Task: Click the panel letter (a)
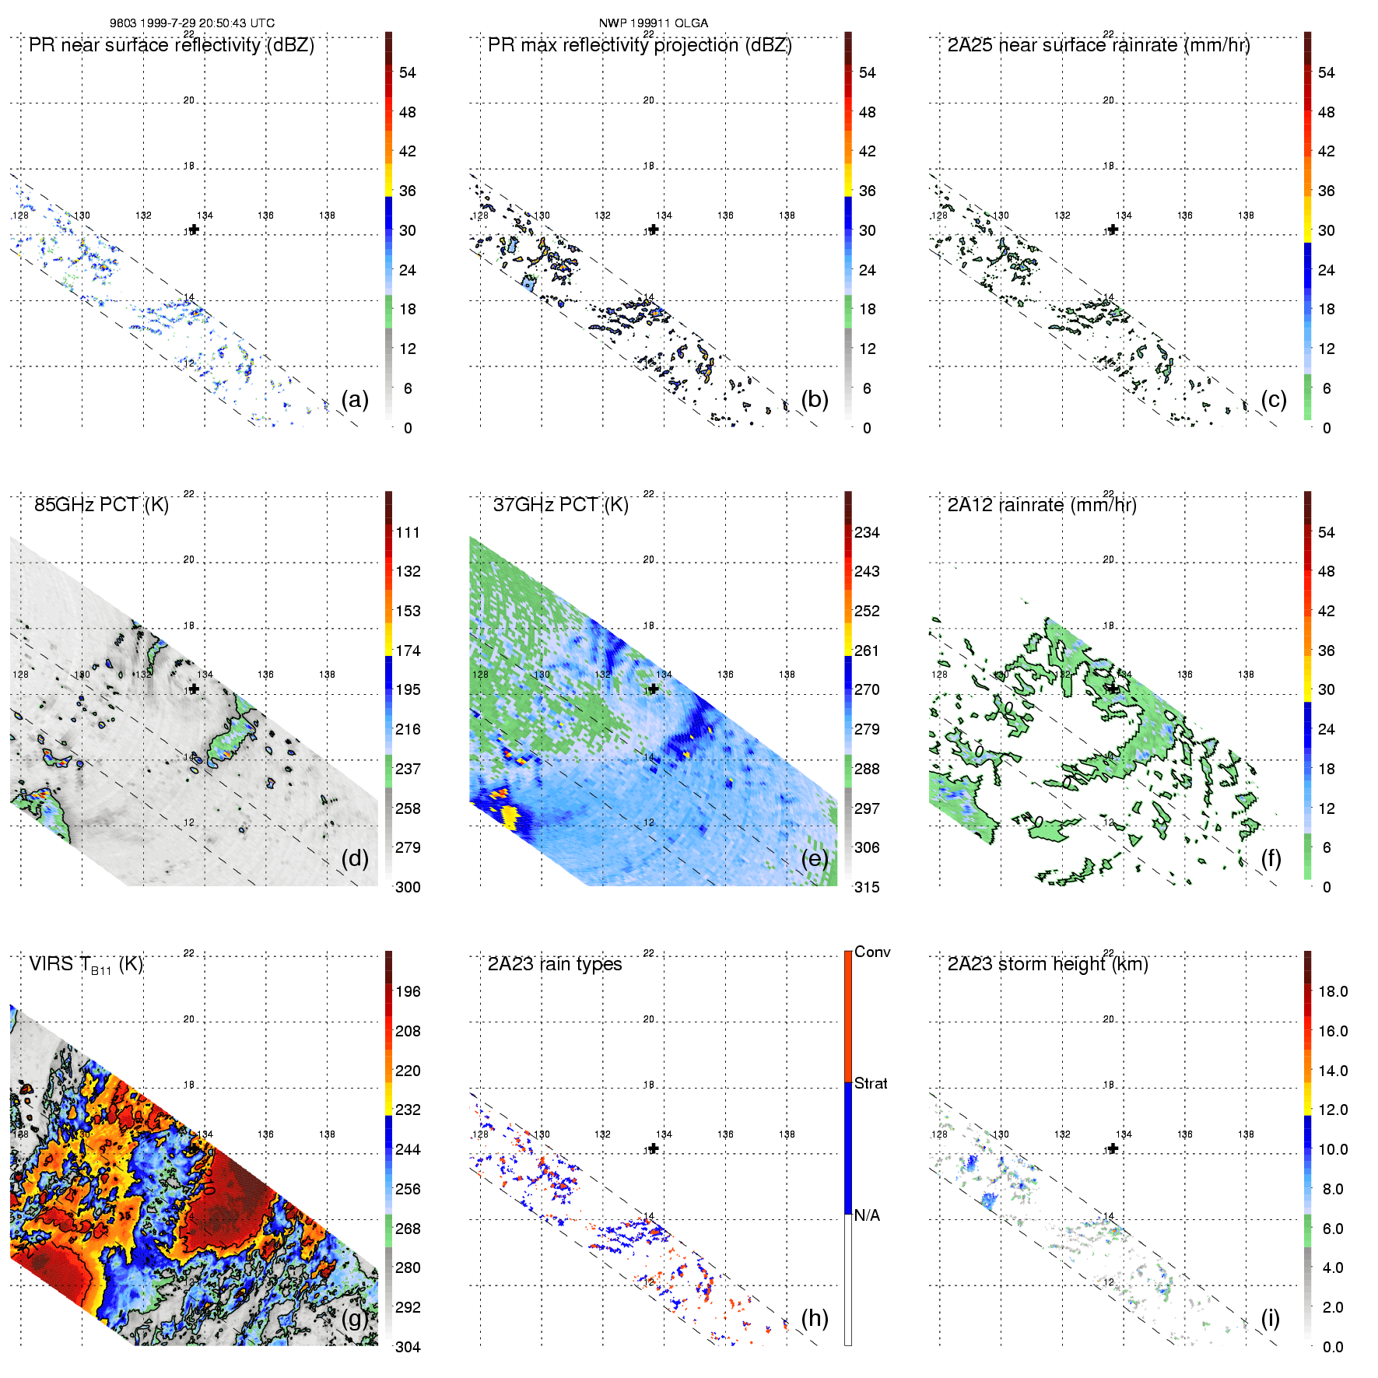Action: click(x=355, y=400)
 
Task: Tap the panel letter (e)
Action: click(x=815, y=859)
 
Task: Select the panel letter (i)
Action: click(x=1270, y=1318)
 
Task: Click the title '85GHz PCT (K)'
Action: click(x=101, y=505)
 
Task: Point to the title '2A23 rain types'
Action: click(x=555, y=964)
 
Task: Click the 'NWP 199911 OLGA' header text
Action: click(x=654, y=23)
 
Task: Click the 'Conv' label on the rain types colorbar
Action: click(x=872, y=952)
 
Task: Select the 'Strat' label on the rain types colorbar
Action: click(x=871, y=1084)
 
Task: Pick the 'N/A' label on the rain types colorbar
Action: click(x=867, y=1215)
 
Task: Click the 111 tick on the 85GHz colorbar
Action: click(x=408, y=533)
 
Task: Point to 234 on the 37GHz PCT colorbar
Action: click(x=867, y=533)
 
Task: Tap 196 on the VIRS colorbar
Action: click(x=408, y=992)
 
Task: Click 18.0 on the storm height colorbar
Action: click(x=1333, y=992)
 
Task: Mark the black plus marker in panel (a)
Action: click(x=194, y=230)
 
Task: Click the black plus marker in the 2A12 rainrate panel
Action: click(x=1113, y=689)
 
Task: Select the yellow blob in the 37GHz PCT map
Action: click(x=510, y=816)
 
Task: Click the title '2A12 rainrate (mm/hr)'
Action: click(x=1042, y=505)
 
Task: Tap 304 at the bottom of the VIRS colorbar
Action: click(x=408, y=1347)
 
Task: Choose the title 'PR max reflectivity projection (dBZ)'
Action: click(x=640, y=45)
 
